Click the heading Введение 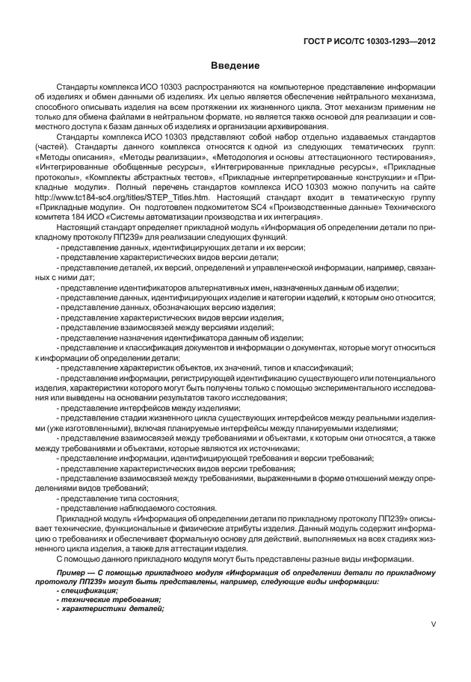[x=235, y=66]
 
